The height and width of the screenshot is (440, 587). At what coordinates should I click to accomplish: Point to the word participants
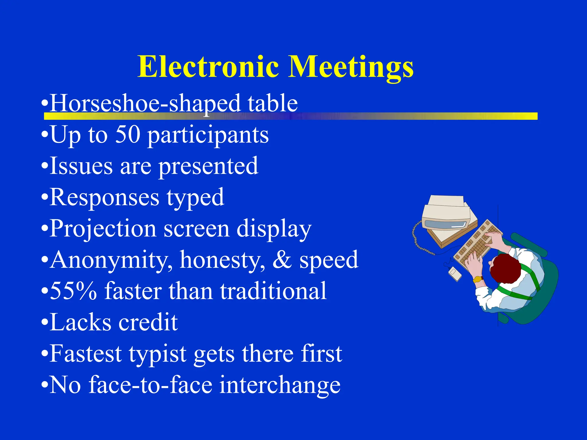[x=208, y=136]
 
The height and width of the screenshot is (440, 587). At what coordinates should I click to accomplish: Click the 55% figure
[x=73, y=291]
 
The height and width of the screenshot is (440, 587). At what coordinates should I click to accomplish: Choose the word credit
[x=148, y=322]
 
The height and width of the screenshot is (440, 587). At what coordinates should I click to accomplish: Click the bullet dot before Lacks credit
[x=44, y=322]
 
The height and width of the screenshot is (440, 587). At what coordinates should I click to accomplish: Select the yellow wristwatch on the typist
[x=478, y=279]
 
